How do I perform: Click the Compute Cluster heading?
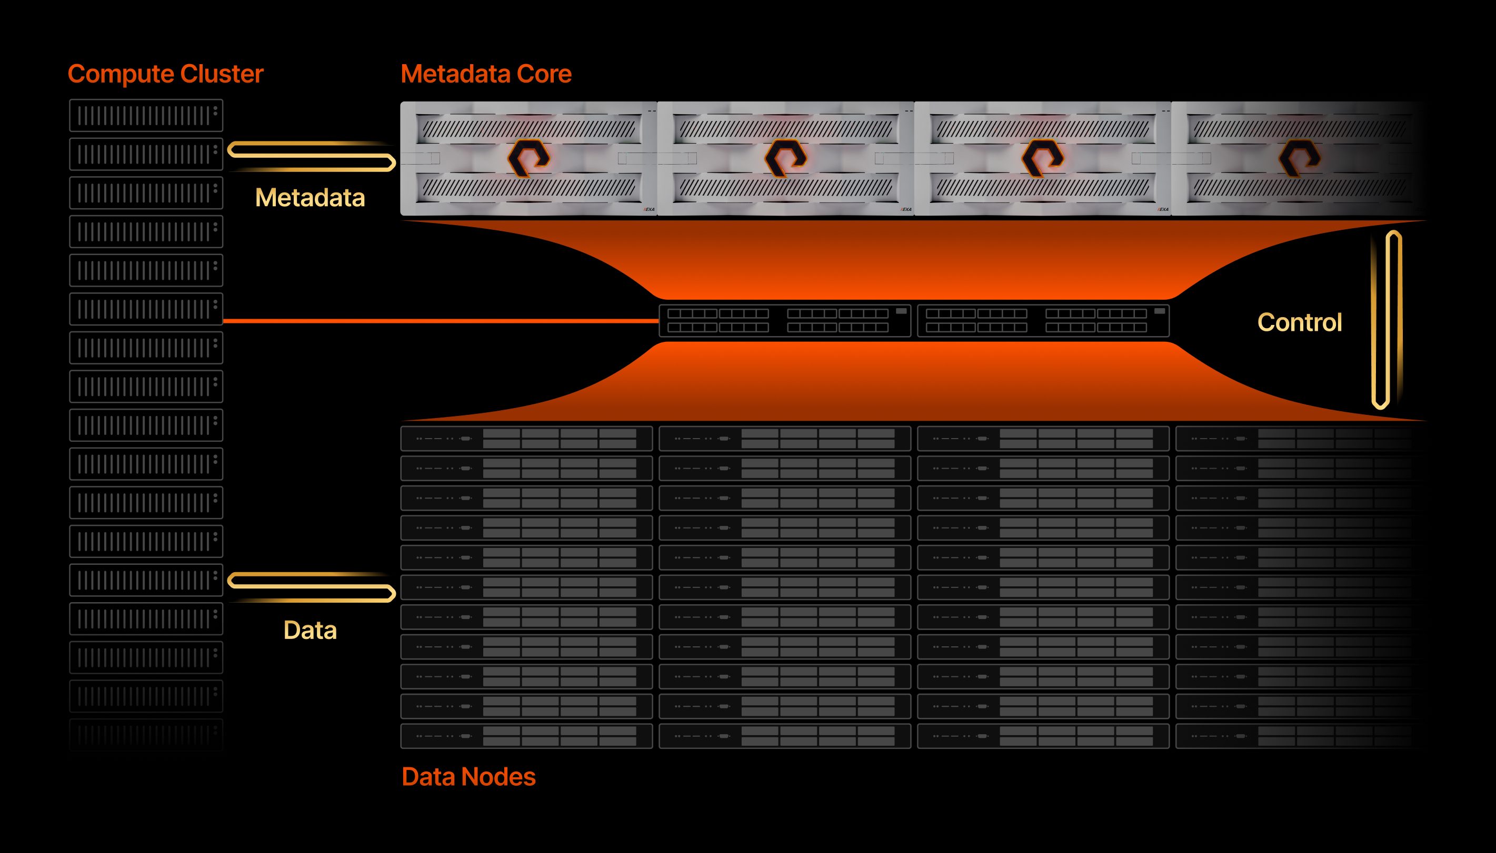[165, 74]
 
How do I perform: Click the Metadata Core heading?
[486, 74]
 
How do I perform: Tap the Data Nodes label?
[468, 777]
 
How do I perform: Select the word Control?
[1299, 322]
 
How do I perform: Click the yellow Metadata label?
[310, 198]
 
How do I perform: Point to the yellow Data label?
[310, 631]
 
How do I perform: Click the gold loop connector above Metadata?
[311, 156]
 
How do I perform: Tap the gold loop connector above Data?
[311, 587]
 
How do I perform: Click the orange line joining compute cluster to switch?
[440, 321]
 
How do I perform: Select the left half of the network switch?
[784, 320]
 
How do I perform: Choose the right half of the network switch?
[1043, 320]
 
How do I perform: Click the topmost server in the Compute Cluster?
[146, 115]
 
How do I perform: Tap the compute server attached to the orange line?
[146, 309]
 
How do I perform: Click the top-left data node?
[526, 438]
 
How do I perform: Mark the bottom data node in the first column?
[526, 736]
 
